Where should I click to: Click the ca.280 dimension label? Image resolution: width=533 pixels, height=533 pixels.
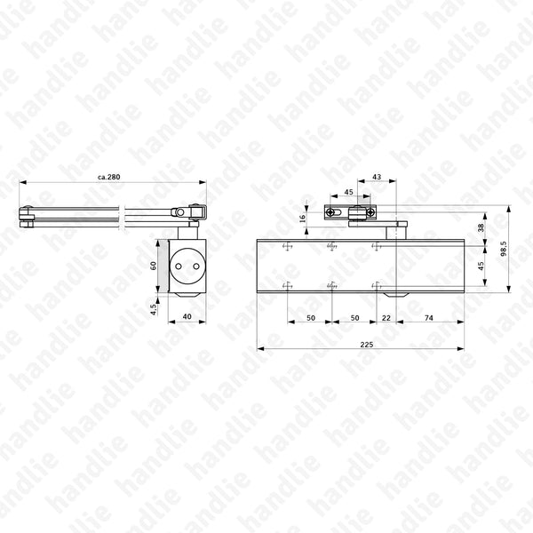(x=108, y=178)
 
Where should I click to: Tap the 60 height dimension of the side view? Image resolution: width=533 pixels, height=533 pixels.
(x=153, y=265)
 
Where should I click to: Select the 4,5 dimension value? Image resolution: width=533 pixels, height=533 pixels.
(x=153, y=309)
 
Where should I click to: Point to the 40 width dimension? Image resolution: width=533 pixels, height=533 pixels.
(x=187, y=317)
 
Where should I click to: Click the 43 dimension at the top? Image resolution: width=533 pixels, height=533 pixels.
(x=377, y=178)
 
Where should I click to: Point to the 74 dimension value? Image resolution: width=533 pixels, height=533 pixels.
(x=428, y=317)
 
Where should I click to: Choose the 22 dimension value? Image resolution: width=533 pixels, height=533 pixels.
(x=386, y=317)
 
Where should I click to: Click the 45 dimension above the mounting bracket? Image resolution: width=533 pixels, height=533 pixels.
(x=348, y=192)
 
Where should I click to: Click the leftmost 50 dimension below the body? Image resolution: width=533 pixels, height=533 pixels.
(x=311, y=317)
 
